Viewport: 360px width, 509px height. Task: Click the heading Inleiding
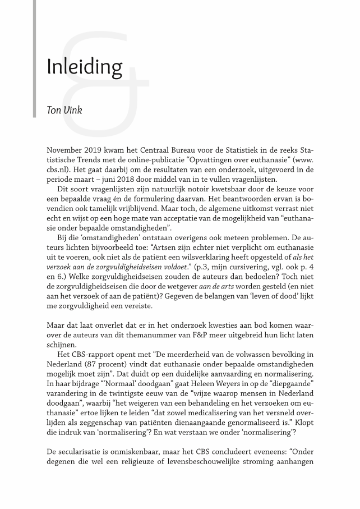(85, 67)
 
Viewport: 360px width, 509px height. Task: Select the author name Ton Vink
(64, 109)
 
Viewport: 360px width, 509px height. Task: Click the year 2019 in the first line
(101, 151)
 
